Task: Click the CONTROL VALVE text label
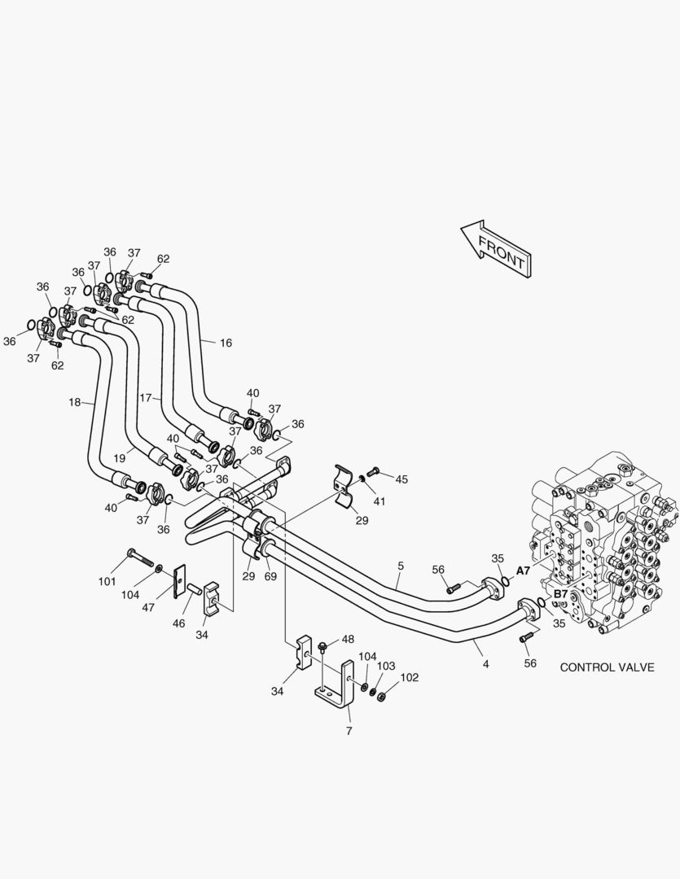[607, 667]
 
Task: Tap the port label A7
[523, 571]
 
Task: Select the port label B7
[560, 595]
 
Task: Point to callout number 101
[107, 581]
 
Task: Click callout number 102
[409, 677]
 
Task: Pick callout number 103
[386, 666]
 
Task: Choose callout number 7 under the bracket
[349, 731]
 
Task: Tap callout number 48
[348, 639]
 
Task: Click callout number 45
[401, 479]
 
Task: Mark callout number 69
[270, 575]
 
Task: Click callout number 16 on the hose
[226, 343]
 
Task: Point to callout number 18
[75, 402]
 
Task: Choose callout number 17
[145, 398]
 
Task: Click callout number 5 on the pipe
[401, 565]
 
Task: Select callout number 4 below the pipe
[485, 663]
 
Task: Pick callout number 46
[178, 623]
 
